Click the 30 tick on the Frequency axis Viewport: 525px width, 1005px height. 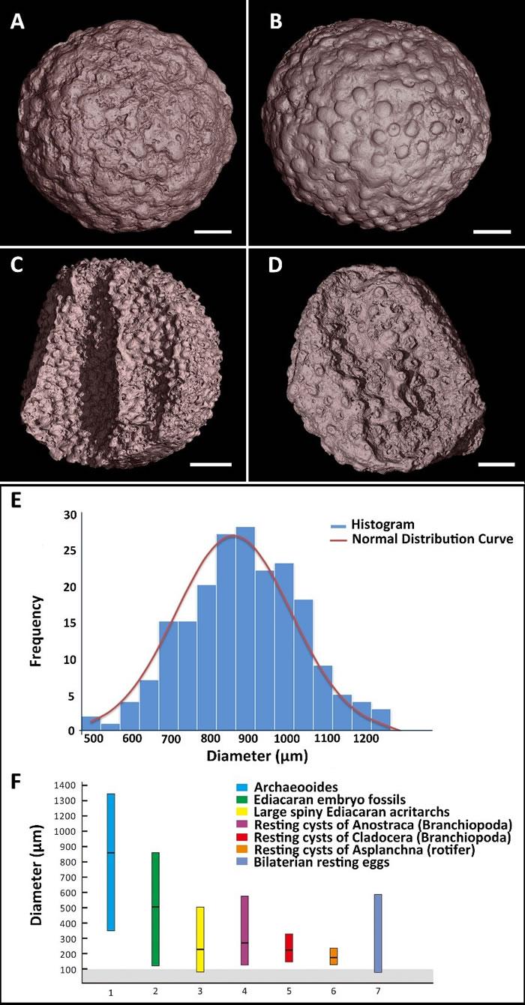pyautogui.click(x=70, y=514)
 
